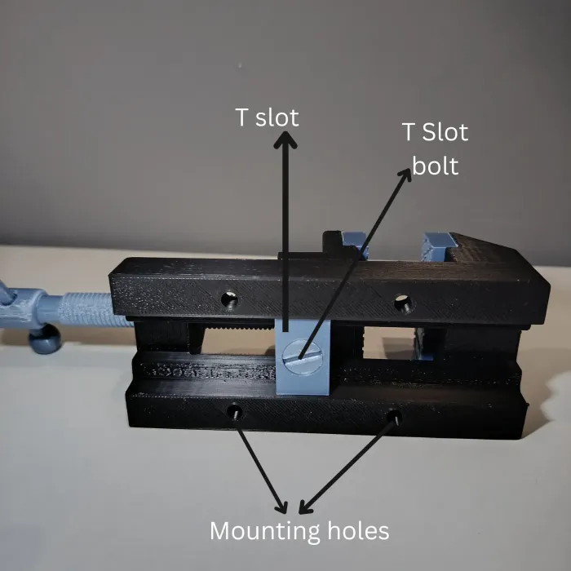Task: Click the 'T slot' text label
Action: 267,117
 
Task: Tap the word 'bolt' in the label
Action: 435,166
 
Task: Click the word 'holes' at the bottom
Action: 358,530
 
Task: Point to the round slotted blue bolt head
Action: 303,357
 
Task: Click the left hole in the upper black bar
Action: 230,300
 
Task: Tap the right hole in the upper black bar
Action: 403,303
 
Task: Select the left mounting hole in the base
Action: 234,412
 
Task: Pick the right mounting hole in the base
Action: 394,417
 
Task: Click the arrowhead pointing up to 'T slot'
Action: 285,139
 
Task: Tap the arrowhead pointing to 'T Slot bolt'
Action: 405,175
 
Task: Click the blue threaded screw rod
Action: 95,309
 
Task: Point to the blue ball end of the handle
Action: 45,339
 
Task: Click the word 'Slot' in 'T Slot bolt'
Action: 445,132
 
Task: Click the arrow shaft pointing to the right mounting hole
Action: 347,465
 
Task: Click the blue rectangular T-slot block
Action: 303,357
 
